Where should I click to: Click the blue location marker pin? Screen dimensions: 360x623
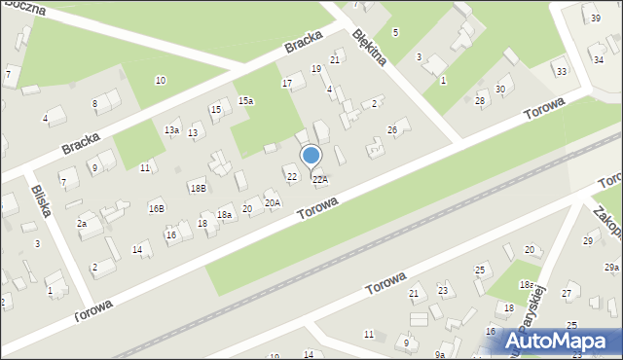click(311, 156)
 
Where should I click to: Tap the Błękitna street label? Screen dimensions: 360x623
click(370, 46)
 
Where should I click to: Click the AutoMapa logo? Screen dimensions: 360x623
click(564, 341)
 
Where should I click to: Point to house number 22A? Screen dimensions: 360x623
click(319, 180)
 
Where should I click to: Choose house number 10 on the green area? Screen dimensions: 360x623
click(160, 80)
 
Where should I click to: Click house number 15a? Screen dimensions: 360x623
click(246, 100)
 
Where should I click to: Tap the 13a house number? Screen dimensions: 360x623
click(171, 129)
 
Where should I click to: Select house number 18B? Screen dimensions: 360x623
click(198, 188)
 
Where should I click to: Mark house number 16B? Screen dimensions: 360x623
click(156, 208)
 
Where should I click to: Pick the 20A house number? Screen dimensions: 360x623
click(273, 202)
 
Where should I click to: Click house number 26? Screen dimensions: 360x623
click(392, 130)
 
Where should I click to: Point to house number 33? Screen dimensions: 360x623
click(560, 72)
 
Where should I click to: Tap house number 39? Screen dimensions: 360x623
click(595, 18)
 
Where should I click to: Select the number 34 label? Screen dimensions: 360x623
click(599, 59)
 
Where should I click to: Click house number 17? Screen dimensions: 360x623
click(287, 84)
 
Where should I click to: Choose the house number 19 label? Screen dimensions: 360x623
click(315, 68)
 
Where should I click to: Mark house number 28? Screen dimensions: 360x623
click(480, 101)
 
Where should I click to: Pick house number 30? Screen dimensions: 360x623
click(500, 90)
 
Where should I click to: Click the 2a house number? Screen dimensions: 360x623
click(83, 223)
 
